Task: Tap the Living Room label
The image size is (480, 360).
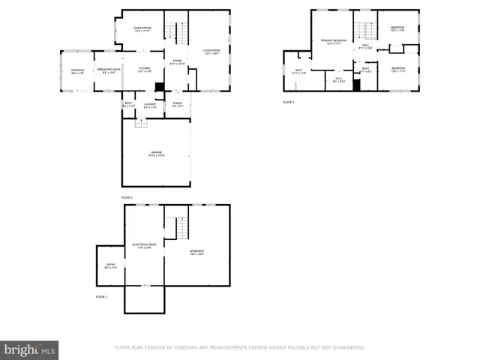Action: pyautogui.click(x=212, y=52)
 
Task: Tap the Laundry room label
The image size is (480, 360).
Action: pyautogui.click(x=150, y=105)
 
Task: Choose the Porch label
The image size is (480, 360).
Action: pyautogui.click(x=178, y=104)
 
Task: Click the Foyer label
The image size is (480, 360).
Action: pyautogui.click(x=177, y=62)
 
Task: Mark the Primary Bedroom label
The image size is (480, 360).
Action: pyautogui.click(x=334, y=40)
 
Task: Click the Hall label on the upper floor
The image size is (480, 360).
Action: pyautogui.click(x=366, y=46)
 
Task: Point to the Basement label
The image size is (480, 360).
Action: pyautogui.click(x=196, y=252)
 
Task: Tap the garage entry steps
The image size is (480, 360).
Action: pyautogui.click(x=139, y=124)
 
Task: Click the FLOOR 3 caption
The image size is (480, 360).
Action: pyautogui.click(x=289, y=102)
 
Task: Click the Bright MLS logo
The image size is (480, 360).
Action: pyautogui.click(x=30, y=349)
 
